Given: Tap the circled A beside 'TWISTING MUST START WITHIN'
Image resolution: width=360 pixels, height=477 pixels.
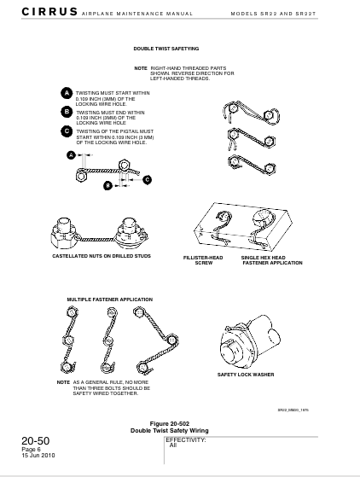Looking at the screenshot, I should (x=67, y=92).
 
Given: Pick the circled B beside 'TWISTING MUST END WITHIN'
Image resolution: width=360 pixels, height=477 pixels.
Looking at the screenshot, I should (x=67, y=111).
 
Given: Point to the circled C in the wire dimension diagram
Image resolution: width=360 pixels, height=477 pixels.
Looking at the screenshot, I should (x=147, y=179).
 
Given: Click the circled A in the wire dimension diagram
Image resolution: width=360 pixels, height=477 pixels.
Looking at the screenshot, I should (x=72, y=155).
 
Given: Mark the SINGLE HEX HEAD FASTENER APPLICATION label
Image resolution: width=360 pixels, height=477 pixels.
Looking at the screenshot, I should (x=271, y=260).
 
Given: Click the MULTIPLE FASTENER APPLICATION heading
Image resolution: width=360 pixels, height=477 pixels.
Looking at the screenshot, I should (x=110, y=300).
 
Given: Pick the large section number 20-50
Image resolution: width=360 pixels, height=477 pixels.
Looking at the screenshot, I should (x=36, y=441).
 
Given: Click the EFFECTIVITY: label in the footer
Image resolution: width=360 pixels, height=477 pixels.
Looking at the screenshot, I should (x=186, y=439).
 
